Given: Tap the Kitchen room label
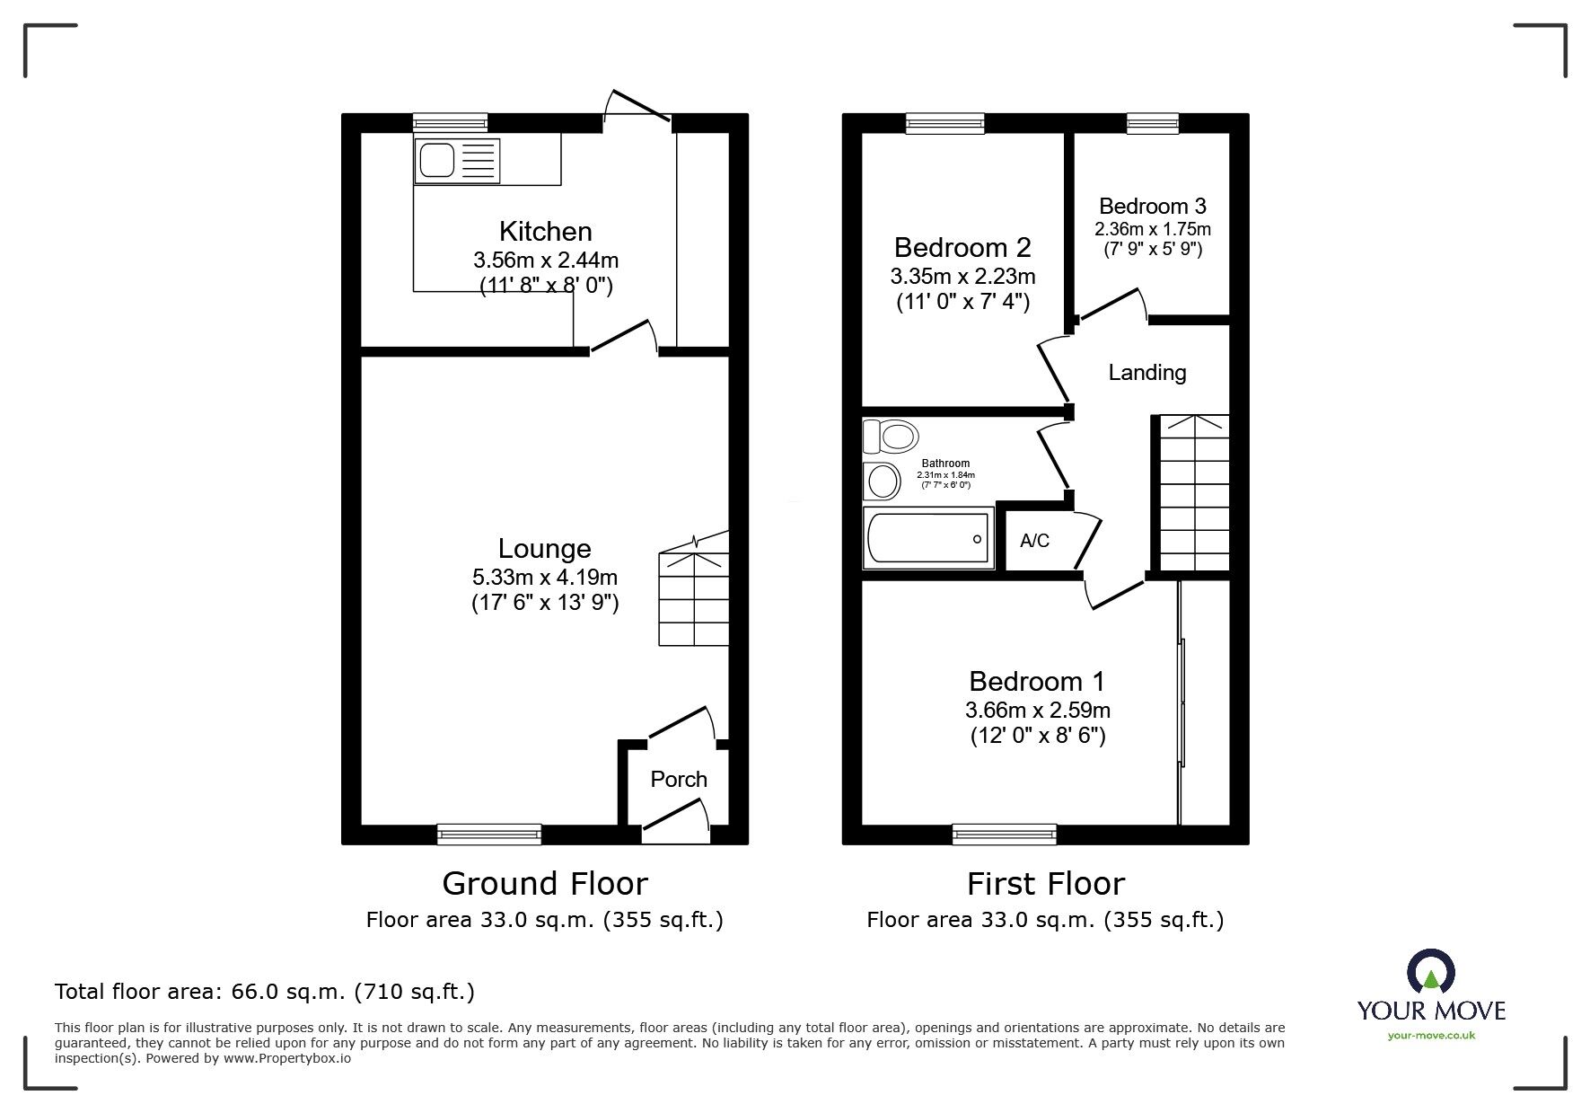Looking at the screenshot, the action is point(546,232).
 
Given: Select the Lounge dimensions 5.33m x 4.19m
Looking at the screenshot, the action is point(545,578).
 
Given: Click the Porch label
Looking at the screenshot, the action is point(679,779).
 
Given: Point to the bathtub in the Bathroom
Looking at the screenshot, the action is point(928,538).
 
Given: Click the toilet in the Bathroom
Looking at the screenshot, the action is point(891,437).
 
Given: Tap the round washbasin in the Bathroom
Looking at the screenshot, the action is point(882,481).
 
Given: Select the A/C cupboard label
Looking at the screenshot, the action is point(1034,541).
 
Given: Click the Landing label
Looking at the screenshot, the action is point(1147,373).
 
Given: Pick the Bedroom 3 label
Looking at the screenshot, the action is point(1153,206).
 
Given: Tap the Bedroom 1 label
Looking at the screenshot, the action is point(1037,681).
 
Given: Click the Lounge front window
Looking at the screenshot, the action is point(489,835).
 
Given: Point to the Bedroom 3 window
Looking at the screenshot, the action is point(1153,124).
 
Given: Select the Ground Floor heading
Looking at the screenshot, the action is point(545,884).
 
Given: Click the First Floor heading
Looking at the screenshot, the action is point(1046,884).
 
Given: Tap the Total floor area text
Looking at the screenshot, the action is point(265,992).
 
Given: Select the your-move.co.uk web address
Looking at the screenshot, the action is point(1431,1036).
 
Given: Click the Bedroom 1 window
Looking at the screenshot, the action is point(1005,835).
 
